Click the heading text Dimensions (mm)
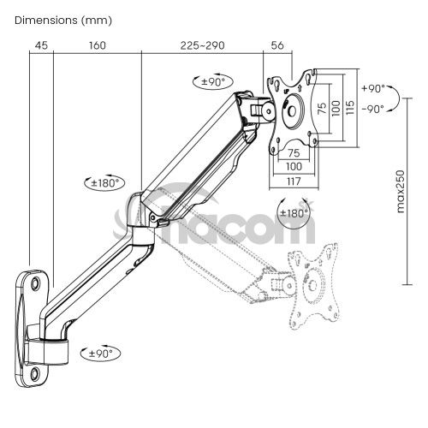click(63, 21)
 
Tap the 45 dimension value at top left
click(41, 45)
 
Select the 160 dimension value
click(98, 45)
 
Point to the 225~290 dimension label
click(202, 45)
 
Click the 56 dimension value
click(277, 45)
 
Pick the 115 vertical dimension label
click(350, 107)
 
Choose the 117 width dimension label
click(294, 181)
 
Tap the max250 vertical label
click(401, 191)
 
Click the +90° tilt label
click(373, 88)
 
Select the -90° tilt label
click(373, 109)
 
